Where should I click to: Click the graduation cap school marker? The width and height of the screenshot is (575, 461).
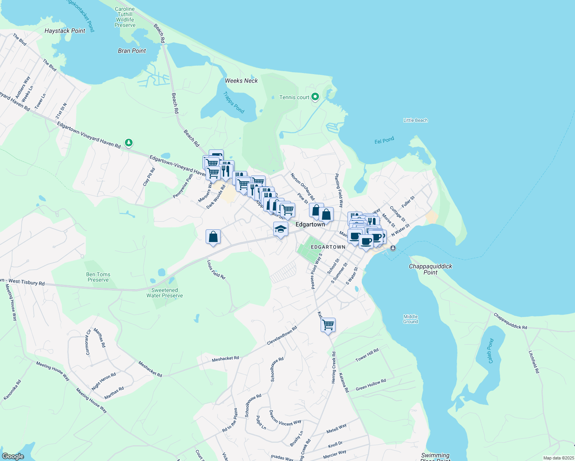click(281, 229)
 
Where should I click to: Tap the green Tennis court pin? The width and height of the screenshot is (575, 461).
click(315, 97)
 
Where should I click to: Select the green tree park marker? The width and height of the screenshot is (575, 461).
click(129, 143)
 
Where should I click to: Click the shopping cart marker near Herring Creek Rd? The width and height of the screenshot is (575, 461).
click(328, 325)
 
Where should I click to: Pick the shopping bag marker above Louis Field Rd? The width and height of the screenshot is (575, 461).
click(213, 237)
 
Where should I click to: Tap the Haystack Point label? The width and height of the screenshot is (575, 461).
click(65, 31)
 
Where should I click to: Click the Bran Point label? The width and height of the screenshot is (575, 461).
click(132, 51)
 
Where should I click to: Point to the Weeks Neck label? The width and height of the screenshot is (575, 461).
click(241, 81)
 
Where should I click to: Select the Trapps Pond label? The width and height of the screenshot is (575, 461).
click(234, 103)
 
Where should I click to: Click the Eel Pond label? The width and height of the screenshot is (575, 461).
click(384, 140)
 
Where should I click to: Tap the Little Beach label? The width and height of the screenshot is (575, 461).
click(415, 120)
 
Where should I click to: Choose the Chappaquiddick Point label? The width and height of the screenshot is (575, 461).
click(430, 269)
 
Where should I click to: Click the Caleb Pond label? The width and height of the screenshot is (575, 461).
click(490, 351)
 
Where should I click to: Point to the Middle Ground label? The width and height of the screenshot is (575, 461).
click(410, 319)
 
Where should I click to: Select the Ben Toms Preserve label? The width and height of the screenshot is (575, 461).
click(98, 277)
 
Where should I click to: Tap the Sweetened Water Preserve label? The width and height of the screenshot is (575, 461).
click(165, 293)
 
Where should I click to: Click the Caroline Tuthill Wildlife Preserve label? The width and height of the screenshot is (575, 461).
click(125, 17)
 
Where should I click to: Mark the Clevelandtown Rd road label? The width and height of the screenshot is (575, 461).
click(282, 335)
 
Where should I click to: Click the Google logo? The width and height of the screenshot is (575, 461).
click(13, 456)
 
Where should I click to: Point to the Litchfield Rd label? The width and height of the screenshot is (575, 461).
click(534, 362)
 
